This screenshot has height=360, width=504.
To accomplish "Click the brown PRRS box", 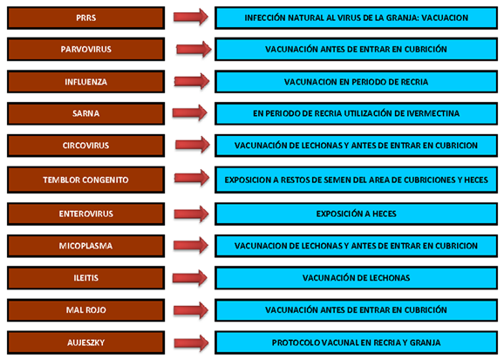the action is click(x=85, y=18).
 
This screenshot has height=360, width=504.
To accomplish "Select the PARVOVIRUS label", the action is click(x=85, y=49).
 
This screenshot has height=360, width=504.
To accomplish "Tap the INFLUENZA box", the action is click(x=85, y=82).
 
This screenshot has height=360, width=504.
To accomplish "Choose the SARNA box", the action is click(x=85, y=113).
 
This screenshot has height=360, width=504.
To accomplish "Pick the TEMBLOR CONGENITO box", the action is click(x=85, y=180).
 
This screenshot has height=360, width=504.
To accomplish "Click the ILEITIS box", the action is click(x=85, y=278).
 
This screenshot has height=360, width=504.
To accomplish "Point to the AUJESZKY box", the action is click(x=85, y=343).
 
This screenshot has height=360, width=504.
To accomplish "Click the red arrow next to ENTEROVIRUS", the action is click(x=191, y=214).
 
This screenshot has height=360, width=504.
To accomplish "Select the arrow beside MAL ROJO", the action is click(x=191, y=310).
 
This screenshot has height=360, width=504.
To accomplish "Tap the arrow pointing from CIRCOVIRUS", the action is click(x=193, y=145).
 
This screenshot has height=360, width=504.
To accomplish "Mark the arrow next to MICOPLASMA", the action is click(x=191, y=246).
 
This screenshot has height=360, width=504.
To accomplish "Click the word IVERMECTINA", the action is click(x=433, y=113).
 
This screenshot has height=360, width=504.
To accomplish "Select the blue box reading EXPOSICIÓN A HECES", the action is click(x=356, y=214).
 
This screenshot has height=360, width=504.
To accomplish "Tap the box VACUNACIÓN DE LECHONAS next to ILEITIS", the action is click(x=356, y=278).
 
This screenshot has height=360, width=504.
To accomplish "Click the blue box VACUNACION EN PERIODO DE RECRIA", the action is click(x=356, y=82).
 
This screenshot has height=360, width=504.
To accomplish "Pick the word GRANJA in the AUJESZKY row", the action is click(x=426, y=343).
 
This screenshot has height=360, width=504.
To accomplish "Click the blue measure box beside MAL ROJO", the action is click(x=356, y=310).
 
